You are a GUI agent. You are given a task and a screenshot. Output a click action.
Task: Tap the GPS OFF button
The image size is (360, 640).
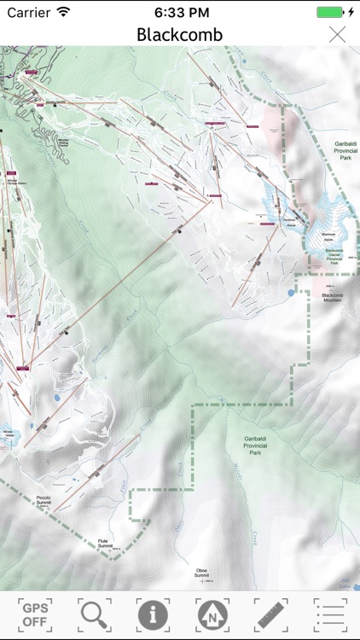pyautogui.click(x=35, y=614)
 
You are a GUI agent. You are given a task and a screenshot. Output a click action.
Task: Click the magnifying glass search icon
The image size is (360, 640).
pyautogui.click(x=94, y=614)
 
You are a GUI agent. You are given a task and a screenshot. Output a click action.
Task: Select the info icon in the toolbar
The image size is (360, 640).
pyautogui.click(x=153, y=614)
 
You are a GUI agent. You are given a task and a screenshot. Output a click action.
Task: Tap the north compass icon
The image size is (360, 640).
pyautogui.click(x=212, y=614)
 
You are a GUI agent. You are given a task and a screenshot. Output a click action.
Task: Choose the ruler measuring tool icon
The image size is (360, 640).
pyautogui.click(x=270, y=614)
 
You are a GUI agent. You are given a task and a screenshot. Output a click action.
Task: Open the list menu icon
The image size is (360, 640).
pyautogui.click(x=329, y=614)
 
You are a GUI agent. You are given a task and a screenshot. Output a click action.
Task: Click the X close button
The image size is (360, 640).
pyautogui.click(x=338, y=34)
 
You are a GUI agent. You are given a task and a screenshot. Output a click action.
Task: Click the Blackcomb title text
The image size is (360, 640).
pyautogui.click(x=180, y=34)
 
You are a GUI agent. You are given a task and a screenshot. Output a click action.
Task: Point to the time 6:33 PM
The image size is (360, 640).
pyautogui.click(x=180, y=12)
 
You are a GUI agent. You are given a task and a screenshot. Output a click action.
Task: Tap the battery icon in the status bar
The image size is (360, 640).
pyautogui.click(x=330, y=12)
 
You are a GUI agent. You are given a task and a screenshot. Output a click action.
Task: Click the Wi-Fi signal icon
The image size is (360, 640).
pyautogui.click(x=64, y=12)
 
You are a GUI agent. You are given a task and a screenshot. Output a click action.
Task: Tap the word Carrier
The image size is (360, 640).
pyautogui.click(x=29, y=12)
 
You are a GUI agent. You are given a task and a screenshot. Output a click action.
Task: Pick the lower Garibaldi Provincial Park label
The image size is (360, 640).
pyautogui.click(x=254, y=445)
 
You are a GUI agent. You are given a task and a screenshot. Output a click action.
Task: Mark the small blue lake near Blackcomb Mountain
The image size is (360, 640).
pyautogui.click(x=291, y=293)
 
